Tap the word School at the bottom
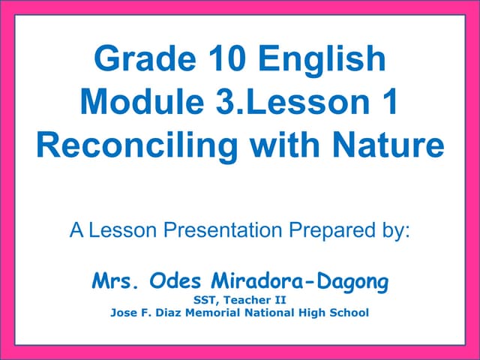349,313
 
